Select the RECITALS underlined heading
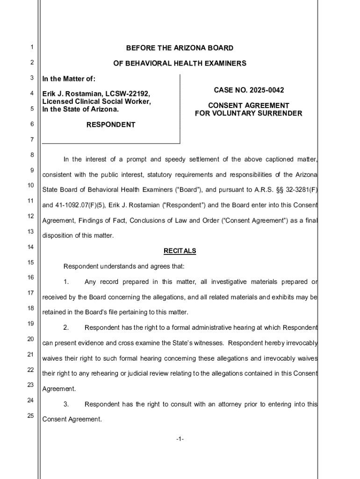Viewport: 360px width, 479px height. pyautogui.click(x=180, y=251)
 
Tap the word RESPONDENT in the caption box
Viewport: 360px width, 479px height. pyautogui.click(x=111, y=124)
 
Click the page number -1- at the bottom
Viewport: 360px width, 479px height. pyautogui.click(x=180, y=439)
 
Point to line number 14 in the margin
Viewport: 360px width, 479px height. pyautogui.click(x=31, y=247)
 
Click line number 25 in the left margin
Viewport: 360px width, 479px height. pyautogui.click(x=31, y=415)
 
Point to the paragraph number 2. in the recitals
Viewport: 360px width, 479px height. pyautogui.click(x=66, y=327)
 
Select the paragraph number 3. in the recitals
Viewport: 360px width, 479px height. pyautogui.click(x=66, y=404)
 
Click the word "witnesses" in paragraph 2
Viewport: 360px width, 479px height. pyautogui.click(x=208, y=343)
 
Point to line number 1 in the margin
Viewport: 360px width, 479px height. pyautogui.click(x=31, y=47)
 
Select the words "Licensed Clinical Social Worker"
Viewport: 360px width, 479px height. pyautogui.click(x=96, y=102)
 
